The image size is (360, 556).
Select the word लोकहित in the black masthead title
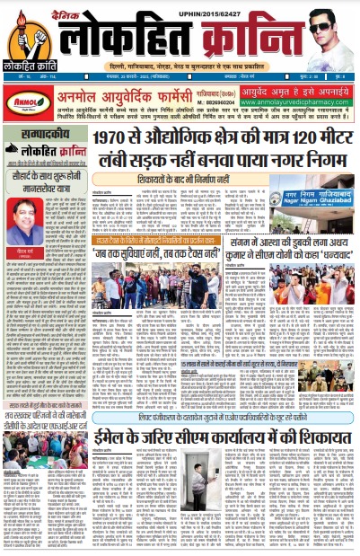pyautogui.click(x=125, y=39)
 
